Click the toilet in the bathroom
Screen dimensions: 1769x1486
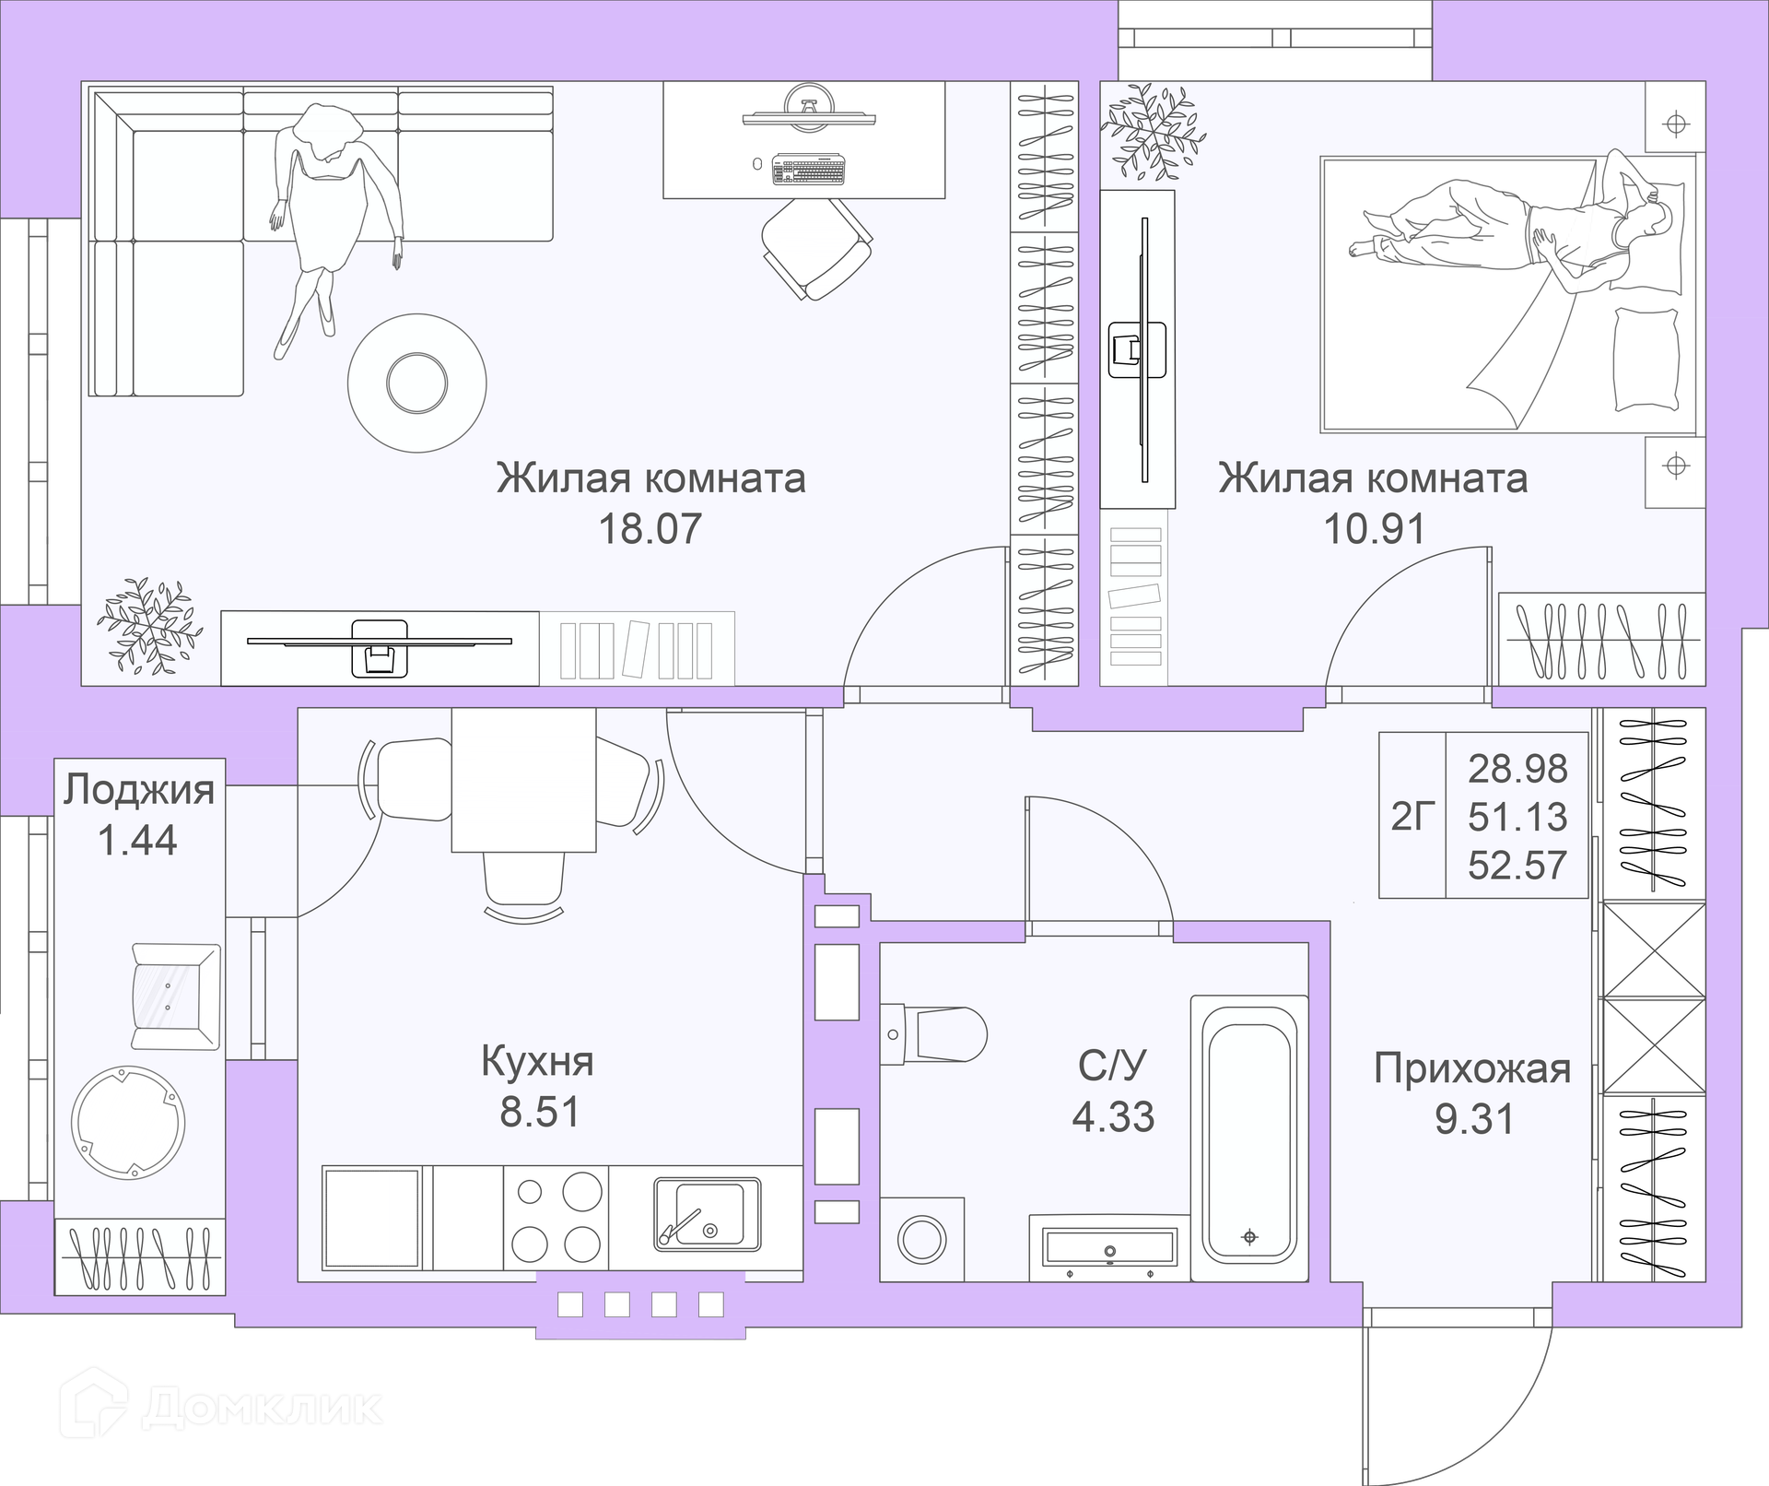932,1034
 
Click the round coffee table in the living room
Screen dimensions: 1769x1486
417,383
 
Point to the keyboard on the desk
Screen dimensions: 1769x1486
808,170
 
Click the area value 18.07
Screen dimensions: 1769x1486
650,529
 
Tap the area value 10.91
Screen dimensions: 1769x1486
1375,529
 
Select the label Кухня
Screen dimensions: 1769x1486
537,1062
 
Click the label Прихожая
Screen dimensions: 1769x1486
1472,1069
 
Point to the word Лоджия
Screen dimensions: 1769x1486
139,791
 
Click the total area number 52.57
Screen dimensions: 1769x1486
1517,866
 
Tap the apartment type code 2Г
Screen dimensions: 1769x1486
1413,816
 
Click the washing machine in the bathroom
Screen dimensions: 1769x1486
922,1239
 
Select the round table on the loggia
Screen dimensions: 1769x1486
128,1121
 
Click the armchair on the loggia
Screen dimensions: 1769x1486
176,997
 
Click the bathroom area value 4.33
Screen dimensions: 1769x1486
1113,1117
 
